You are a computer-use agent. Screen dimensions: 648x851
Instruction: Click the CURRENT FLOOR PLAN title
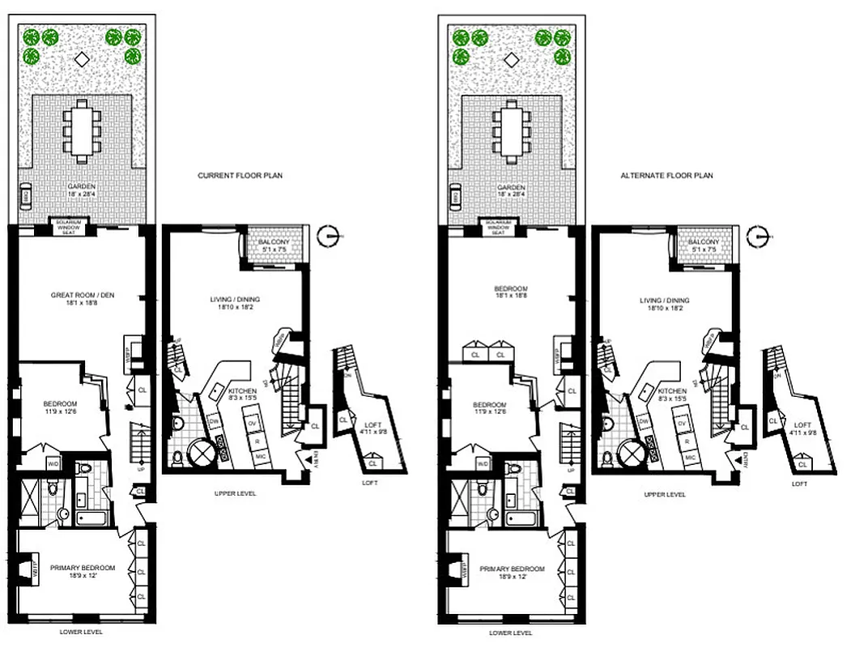point(240,175)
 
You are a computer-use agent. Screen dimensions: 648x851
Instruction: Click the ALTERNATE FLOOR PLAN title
point(666,175)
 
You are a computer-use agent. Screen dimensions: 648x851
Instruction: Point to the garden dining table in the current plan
point(82,130)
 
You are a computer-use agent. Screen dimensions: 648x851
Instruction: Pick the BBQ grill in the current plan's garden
point(25,196)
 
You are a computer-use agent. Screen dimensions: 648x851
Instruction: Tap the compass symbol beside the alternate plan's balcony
point(758,236)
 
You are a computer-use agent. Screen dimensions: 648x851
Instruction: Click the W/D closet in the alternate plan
point(483,463)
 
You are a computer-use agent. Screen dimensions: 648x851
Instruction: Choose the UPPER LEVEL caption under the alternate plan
point(665,494)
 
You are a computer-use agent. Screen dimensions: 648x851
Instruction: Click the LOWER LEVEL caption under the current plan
point(82,633)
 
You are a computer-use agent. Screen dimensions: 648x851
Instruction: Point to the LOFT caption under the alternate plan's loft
point(799,484)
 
